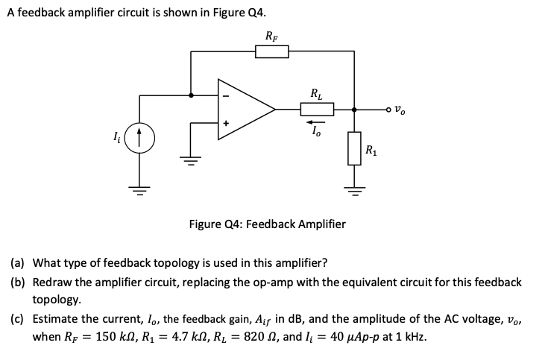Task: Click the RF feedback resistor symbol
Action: [271, 51]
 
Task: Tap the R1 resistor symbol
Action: [353, 150]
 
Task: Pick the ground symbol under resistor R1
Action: [353, 186]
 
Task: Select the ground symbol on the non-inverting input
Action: [191, 158]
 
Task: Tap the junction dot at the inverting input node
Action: [191, 95]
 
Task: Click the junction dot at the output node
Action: [353, 110]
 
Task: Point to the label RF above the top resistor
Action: [271, 35]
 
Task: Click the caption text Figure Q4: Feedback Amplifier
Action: [267, 224]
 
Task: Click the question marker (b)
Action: [17, 282]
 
